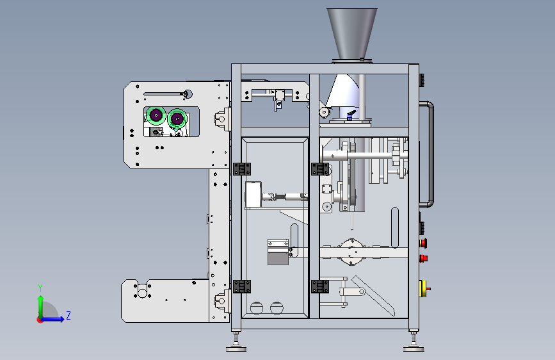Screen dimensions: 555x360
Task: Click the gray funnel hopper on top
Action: pyautogui.click(x=352, y=34)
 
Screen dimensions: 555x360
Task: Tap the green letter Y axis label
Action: pyautogui.click(x=40, y=288)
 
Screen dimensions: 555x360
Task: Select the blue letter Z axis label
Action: pyautogui.click(x=68, y=315)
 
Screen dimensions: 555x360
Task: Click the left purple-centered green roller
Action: pyautogui.click(x=156, y=115)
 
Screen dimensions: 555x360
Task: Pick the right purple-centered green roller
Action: pyautogui.click(x=177, y=119)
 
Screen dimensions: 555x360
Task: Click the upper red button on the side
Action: pyautogui.click(x=423, y=243)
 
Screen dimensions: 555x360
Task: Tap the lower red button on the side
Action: pyautogui.click(x=423, y=258)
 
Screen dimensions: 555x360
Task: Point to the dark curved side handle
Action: pyautogui.click(x=430, y=154)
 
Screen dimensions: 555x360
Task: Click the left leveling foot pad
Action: pyautogui.click(x=236, y=349)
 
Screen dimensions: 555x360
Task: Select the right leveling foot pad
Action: pyautogui.click(x=414, y=349)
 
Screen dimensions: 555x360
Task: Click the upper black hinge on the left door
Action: pyautogui.click(x=242, y=169)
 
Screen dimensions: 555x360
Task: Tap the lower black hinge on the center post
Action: pyautogui.click(x=320, y=286)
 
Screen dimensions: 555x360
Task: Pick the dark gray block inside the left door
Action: pyautogui.click(x=278, y=258)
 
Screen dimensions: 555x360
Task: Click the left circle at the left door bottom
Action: pyautogui.click(x=257, y=308)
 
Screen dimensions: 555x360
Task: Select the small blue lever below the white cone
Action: pyautogui.click(x=351, y=115)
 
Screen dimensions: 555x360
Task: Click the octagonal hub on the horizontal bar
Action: pyautogui.click(x=351, y=252)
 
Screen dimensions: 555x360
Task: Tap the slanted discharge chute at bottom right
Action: pyautogui.click(x=373, y=295)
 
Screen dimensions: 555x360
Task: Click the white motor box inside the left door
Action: pyautogui.click(x=253, y=194)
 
